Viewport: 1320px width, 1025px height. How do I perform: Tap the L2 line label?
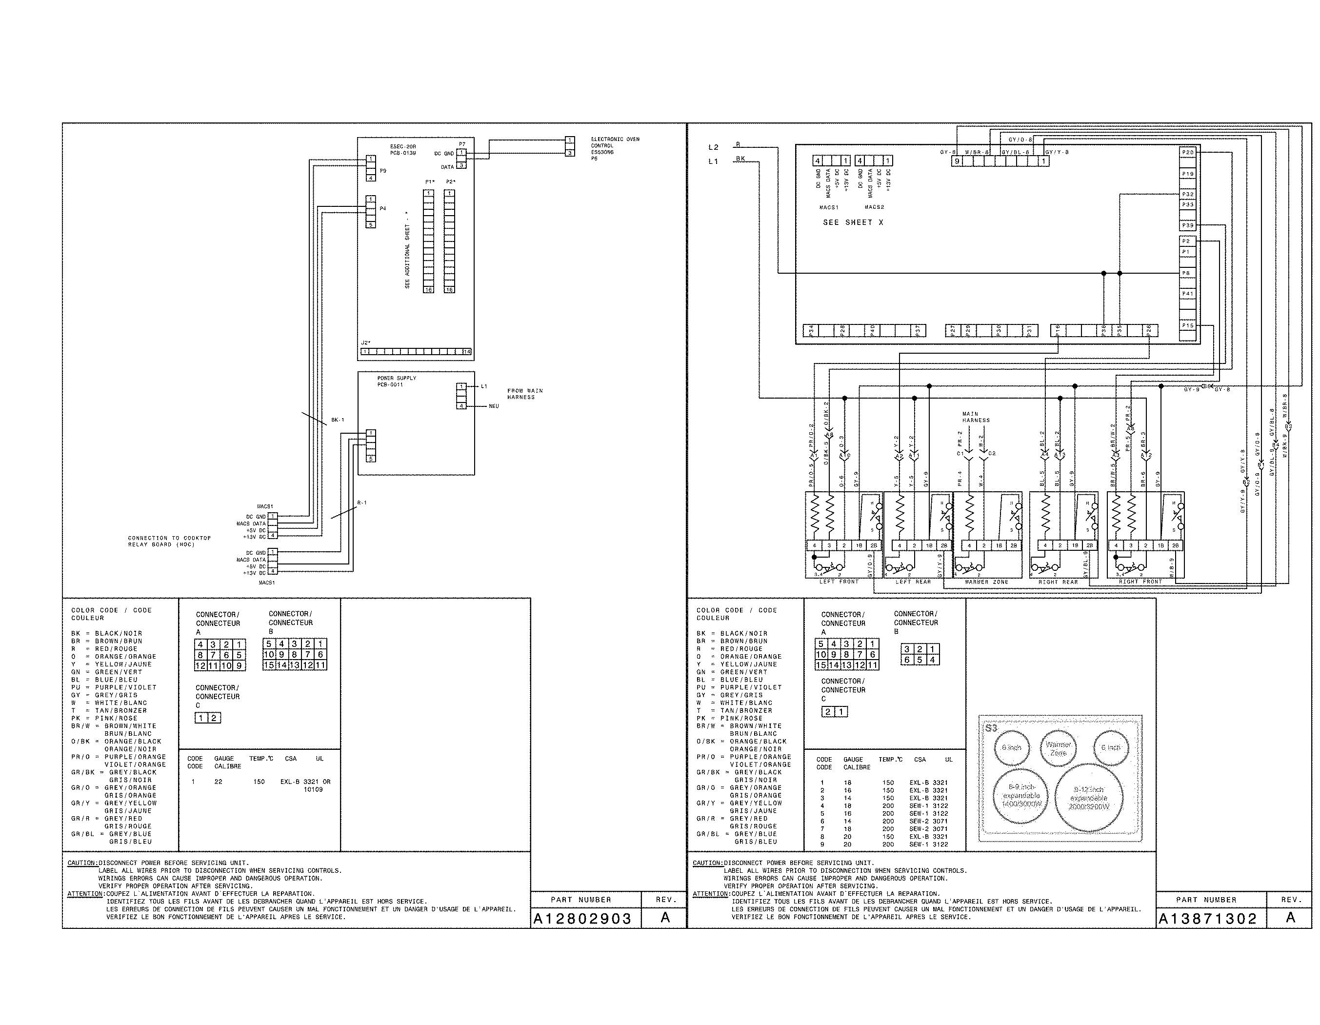pyautogui.click(x=713, y=147)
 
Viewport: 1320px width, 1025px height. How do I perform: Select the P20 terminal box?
pyautogui.click(x=1188, y=153)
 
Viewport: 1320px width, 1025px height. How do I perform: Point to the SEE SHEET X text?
pyautogui.click(x=853, y=222)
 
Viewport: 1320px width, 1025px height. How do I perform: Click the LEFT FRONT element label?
pyautogui.click(x=839, y=582)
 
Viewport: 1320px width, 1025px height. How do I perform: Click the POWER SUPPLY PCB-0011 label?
pyautogui.click(x=397, y=382)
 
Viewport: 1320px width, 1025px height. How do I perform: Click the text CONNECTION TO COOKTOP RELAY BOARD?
pyautogui.click(x=169, y=541)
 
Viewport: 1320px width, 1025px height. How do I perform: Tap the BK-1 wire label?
pyautogui.click(x=337, y=420)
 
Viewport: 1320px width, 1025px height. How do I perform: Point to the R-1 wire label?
pyautogui.click(x=361, y=503)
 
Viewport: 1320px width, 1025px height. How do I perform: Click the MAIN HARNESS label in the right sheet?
pyautogui.click(x=976, y=417)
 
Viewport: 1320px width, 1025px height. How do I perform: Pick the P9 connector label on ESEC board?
pyautogui.click(x=382, y=171)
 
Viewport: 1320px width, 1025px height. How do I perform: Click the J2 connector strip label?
pyautogui.click(x=366, y=342)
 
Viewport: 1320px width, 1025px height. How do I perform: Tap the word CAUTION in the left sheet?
pyautogui.click(x=81, y=863)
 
